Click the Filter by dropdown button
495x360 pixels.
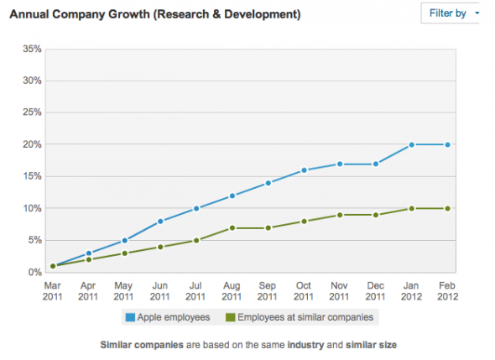[453, 13]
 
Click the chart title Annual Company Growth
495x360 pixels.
[155, 15]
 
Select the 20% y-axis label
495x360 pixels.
[31, 144]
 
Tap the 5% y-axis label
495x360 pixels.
[34, 240]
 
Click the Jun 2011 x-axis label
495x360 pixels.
[159, 290]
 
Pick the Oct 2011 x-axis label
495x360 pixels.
[304, 290]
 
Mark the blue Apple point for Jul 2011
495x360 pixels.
[195, 208]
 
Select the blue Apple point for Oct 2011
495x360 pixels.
[304, 170]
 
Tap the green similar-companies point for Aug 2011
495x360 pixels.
[232, 227]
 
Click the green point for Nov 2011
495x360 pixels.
[340, 215]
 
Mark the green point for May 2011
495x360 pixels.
[123, 253]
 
